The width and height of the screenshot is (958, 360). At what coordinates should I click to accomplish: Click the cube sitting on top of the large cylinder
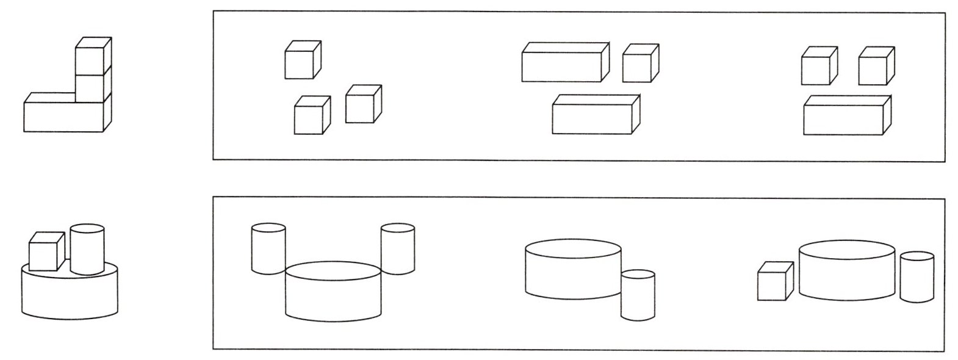[46, 252]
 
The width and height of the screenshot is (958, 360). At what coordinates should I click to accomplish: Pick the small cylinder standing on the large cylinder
[87, 250]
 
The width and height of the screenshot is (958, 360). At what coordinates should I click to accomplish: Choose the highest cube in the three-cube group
[301, 60]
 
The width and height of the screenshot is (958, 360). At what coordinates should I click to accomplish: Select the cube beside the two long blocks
[639, 63]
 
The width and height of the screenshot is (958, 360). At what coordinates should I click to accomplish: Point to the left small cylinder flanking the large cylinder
[268, 249]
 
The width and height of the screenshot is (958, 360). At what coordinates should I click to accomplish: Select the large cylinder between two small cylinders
[333, 293]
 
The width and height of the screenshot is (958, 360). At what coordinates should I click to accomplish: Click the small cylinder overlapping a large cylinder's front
[638, 295]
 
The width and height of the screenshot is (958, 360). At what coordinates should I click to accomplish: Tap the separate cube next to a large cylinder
[774, 282]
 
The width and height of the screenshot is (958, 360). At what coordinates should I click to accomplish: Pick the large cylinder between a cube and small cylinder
[847, 272]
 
